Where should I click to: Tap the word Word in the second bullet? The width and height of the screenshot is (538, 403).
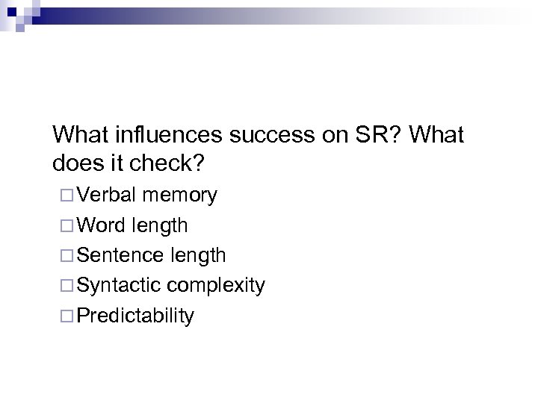point(101,225)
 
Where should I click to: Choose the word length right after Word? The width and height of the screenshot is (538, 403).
point(159,225)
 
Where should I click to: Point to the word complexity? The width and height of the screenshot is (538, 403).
point(216,285)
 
